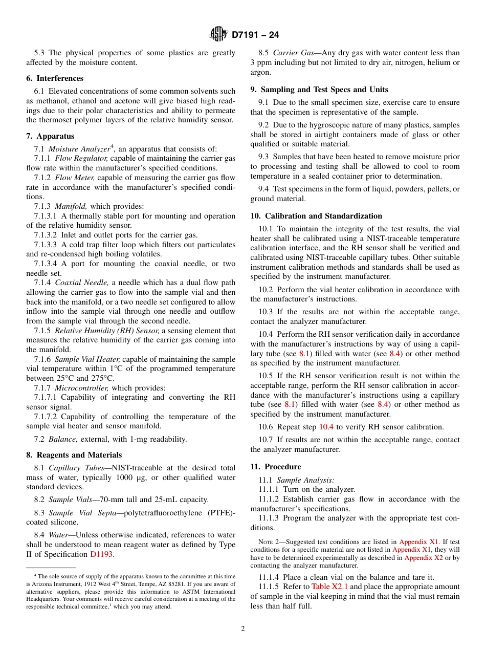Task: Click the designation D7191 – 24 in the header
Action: pyautogui.click(x=255, y=35)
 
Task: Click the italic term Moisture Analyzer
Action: pyautogui.click(x=79, y=149)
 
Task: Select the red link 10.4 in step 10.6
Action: pyautogui.click(x=326, y=427)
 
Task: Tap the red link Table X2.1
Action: pyautogui.click(x=329, y=587)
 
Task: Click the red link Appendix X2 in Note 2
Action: pyautogui.click(x=424, y=557)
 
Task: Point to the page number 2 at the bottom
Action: pyautogui.click(x=243, y=629)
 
